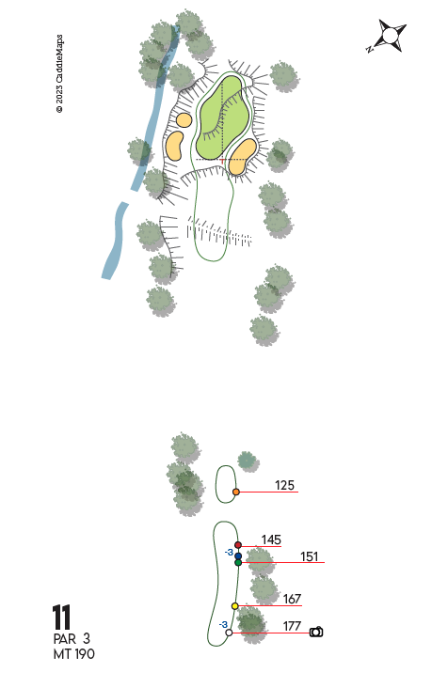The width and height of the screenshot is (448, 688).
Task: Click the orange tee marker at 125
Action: (236, 492)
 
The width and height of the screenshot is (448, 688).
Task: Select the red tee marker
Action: (238, 545)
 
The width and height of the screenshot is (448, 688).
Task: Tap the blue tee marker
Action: (238, 556)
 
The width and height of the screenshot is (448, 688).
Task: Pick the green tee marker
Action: (238, 562)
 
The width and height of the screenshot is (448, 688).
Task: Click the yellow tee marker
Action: (235, 606)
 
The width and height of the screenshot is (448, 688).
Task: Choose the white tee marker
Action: (229, 633)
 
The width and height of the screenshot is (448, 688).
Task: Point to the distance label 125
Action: (284, 485)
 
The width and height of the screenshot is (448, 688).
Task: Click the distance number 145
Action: (271, 539)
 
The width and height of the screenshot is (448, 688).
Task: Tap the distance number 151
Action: (310, 556)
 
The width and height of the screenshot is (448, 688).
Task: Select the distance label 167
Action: (292, 599)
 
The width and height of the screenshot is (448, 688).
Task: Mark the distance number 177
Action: (292, 626)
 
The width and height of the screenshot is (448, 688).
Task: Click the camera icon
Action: (316, 632)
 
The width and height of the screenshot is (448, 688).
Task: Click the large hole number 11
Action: (61, 617)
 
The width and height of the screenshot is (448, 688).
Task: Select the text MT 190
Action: (73, 654)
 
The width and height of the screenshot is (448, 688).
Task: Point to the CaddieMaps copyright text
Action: (59, 73)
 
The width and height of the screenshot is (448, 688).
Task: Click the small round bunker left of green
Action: (184, 119)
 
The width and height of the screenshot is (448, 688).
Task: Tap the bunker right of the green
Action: (243, 156)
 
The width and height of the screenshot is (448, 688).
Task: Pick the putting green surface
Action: (222, 117)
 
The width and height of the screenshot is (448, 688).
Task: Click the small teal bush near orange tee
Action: (248, 461)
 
